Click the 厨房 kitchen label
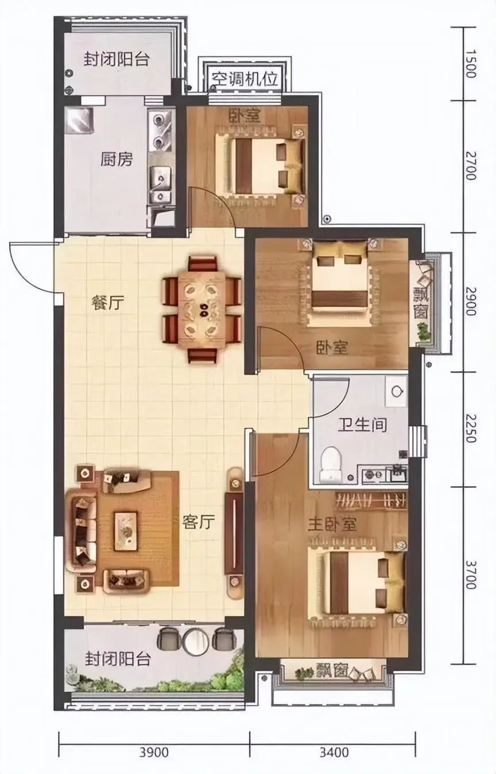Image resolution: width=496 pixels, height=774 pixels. (x=116, y=159)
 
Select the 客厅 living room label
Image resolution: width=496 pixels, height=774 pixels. (x=199, y=521)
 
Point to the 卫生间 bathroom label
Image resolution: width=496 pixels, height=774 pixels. (x=362, y=425)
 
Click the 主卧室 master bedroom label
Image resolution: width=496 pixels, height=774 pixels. (x=332, y=525)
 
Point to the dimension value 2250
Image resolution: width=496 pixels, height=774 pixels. (x=470, y=428)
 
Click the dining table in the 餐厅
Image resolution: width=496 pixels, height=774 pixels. (x=201, y=310)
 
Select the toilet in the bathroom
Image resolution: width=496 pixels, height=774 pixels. (x=330, y=463)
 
